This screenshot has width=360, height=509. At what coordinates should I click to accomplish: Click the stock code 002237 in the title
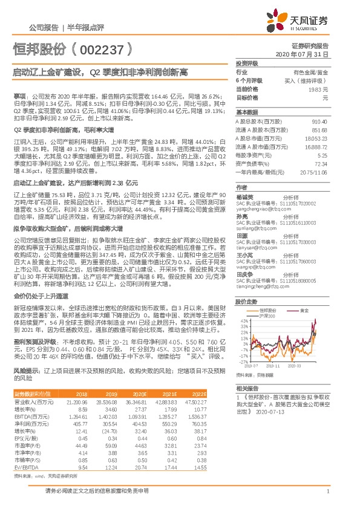pyautogui.click(x=104, y=48)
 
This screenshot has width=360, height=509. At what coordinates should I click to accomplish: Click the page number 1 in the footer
pyautogui.click(x=327, y=490)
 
